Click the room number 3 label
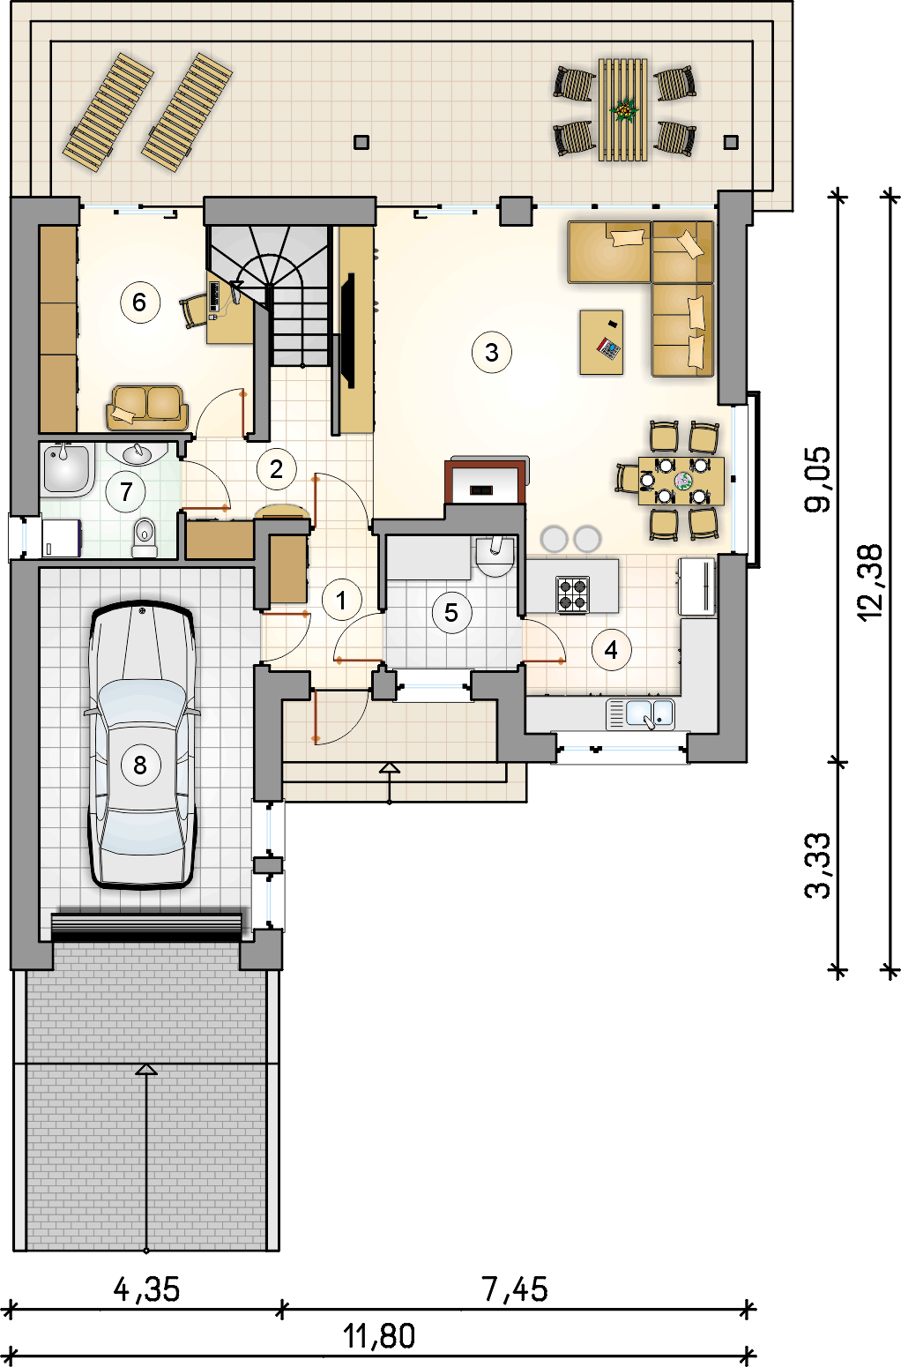pyautogui.click(x=492, y=353)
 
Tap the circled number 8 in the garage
pyautogui.click(x=140, y=765)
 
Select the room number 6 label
pyautogui.click(x=139, y=303)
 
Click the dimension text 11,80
pyautogui.click(x=379, y=1336)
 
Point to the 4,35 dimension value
pyautogui.click(x=146, y=1289)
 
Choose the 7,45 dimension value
pyautogui.click(x=515, y=1289)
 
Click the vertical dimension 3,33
pyautogui.click(x=818, y=865)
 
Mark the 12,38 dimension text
pyautogui.click(x=869, y=582)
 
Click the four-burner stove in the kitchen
pyautogui.click(x=572, y=594)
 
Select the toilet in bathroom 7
pyautogui.click(x=144, y=537)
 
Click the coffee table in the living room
pyautogui.click(x=602, y=341)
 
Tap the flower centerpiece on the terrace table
pyautogui.click(x=624, y=110)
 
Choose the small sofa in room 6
pyautogui.click(x=147, y=407)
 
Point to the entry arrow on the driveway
pyautogui.click(x=146, y=1070)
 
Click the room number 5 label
pyautogui.click(x=451, y=612)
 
